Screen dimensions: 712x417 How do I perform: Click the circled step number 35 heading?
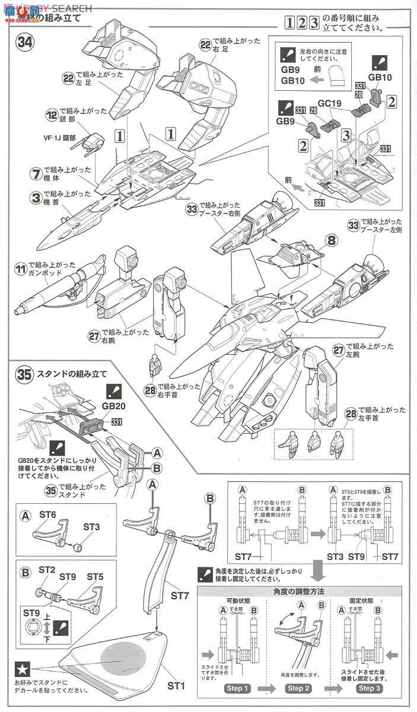tap(24, 374)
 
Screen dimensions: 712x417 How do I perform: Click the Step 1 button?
tap(237, 688)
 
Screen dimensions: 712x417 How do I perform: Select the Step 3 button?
tap(368, 688)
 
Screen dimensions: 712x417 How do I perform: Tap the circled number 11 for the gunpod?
tap(21, 271)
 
